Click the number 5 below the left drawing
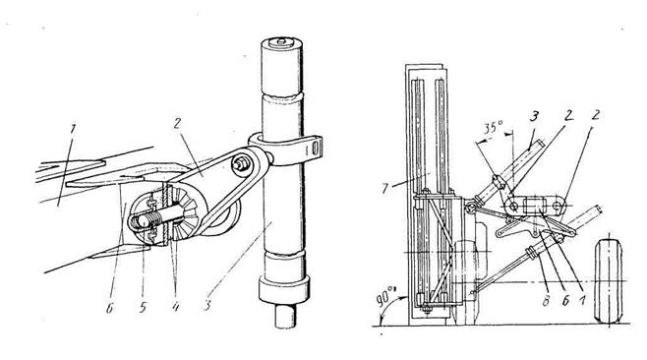[x=143, y=306]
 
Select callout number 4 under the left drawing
[x=175, y=306]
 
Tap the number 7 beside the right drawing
[x=385, y=188]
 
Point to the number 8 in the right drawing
[x=547, y=301]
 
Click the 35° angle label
[x=493, y=127]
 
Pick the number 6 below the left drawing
[x=110, y=307]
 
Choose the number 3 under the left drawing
[x=207, y=306]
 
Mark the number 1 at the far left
[x=73, y=129]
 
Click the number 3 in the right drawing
[x=534, y=117]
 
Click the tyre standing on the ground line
[x=609, y=280]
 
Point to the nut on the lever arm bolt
[x=239, y=162]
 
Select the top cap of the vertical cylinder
[x=282, y=41]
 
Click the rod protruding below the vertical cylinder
[x=286, y=316]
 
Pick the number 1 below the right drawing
[x=583, y=301]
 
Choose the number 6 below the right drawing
[x=565, y=301]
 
